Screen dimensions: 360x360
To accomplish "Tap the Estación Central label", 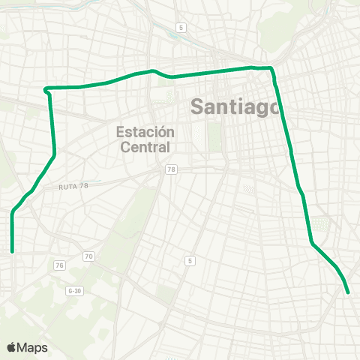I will coord(145,139).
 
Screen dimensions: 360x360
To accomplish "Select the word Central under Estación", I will coord(145,147).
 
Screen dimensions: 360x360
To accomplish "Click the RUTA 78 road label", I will coord(73,185).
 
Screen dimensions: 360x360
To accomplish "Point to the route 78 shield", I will coord(172,171).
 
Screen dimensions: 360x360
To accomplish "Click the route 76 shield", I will coord(59,265).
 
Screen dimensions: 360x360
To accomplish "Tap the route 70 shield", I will coord(88,257).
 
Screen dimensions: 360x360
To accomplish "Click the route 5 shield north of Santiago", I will coord(181,28).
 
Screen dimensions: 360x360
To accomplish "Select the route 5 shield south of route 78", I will coord(190,260).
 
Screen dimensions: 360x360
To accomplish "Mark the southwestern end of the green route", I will coord(12,252).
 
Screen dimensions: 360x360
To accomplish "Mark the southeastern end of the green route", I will coord(349,292).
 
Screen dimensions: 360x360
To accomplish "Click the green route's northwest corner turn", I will coord(47,89).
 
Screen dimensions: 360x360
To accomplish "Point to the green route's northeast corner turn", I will coord(271,68).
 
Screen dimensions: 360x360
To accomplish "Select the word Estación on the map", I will coord(145,131).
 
